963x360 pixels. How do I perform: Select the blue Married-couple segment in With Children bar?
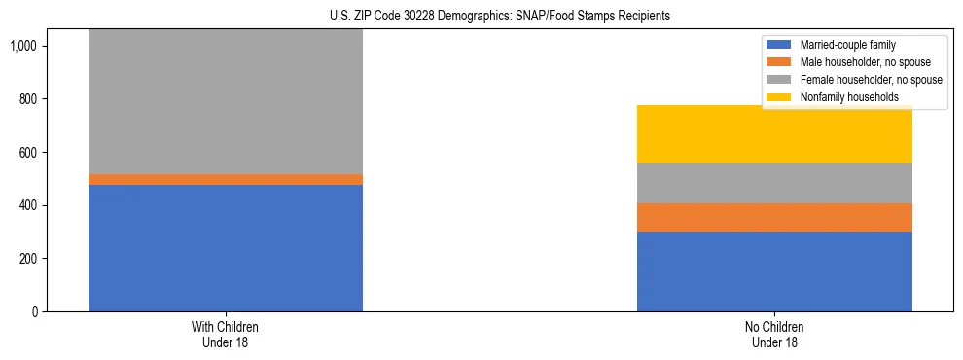(x=226, y=247)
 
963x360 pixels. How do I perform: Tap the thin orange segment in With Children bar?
(x=226, y=179)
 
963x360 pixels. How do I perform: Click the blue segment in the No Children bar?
(x=774, y=271)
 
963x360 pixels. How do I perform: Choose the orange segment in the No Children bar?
(x=774, y=217)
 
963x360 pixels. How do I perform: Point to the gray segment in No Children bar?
(x=774, y=183)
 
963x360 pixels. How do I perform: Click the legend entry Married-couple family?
(x=847, y=45)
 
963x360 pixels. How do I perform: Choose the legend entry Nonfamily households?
(x=849, y=97)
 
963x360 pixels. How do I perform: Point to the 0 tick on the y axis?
(x=36, y=312)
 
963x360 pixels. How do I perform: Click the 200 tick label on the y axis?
(x=30, y=259)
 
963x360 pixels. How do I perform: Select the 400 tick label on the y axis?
(x=30, y=205)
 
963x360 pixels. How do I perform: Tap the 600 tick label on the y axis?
(x=30, y=153)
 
